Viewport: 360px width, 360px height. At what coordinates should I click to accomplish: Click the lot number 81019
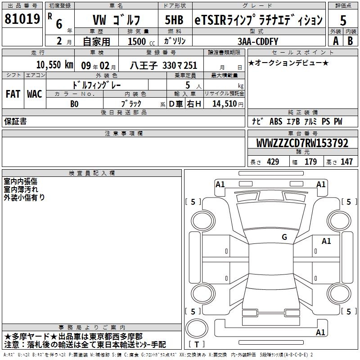point(22,19)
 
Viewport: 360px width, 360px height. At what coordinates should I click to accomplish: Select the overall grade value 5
point(343,20)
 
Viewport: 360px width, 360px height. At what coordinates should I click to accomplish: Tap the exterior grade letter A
point(336,41)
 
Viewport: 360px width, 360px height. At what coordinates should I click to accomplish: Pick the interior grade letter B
point(350,41)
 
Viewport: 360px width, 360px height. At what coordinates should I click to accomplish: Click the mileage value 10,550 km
point(54,65)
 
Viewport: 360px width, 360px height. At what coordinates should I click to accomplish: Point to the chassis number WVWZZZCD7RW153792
point(302,143)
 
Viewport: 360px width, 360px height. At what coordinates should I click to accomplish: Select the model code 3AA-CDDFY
point(257,41)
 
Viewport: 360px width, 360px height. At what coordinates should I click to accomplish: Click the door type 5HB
point(174,20)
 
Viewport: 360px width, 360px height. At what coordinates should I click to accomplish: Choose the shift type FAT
point(13,94)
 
